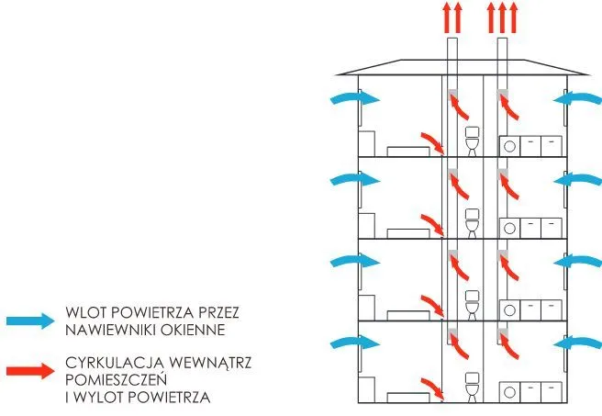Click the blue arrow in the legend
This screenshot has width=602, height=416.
pos(28,321)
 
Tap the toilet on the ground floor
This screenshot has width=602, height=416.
pos(472,386)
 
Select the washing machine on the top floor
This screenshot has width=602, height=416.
pos(508,145)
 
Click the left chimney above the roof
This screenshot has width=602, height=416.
pos(452,56)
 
